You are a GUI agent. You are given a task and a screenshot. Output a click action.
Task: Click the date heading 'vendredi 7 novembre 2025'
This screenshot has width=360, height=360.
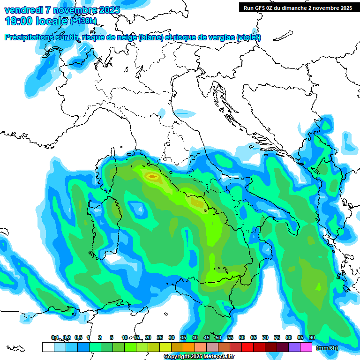pyautogui.click(x=62, y=10)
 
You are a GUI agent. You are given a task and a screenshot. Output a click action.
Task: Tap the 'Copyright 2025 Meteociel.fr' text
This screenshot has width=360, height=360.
pyautogui.click(x=199, y=357)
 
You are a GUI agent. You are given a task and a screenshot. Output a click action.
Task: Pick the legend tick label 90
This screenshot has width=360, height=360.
pyautogui.click(x=312, y=337)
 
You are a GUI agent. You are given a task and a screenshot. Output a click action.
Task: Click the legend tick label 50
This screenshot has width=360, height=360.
pyautogui.click(x=218, y=337)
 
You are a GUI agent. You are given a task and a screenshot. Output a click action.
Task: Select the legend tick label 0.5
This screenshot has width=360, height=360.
pyautogui.click(x=78, y=337)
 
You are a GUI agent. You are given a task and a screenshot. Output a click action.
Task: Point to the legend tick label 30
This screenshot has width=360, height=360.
pyautogui.click(x=172, y=337)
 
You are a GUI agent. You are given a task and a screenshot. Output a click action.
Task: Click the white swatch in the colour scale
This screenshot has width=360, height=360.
pyautogui.click(x=48, y=347)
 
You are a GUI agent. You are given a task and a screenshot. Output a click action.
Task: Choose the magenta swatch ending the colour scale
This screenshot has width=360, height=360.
pyautogui.click(x=306, y=347)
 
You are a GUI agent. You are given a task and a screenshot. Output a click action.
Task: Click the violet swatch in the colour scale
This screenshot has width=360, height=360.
pyautogui.click(x=294, y=347)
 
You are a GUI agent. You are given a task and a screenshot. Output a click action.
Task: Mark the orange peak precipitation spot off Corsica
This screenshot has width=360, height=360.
pyautogui.click(x=152, y=177)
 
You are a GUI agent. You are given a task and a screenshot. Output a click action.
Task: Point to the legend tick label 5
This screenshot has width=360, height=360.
pyautogui.click(x=112, y=337)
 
